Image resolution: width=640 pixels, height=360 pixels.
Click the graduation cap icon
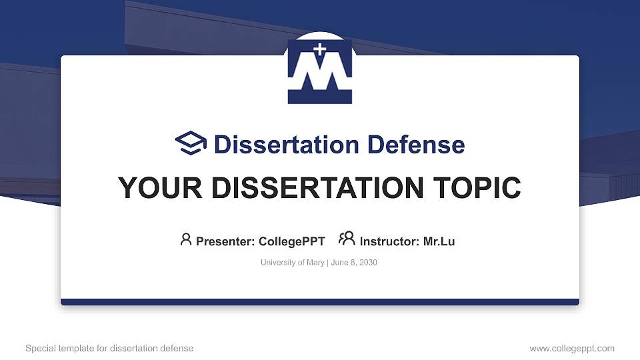coord(191,143)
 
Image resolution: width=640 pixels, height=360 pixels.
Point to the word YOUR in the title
coord(151,188)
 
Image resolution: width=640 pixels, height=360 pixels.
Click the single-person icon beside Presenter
coord(186,239)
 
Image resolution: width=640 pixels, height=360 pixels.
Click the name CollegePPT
coord(291,241)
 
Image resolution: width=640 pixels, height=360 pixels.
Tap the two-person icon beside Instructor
coord(347,239)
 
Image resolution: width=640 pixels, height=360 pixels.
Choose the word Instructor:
coord(389,241)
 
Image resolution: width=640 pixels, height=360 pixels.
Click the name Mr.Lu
coord(439,241)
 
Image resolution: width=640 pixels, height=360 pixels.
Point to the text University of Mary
coord(291,263)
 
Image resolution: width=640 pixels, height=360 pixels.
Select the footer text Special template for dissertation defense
coord(109,348)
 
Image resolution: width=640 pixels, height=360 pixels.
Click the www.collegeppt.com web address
coord(572,348)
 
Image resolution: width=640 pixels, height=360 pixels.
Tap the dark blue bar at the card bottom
coord(320,302)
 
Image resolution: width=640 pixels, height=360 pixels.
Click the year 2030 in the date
coord(368,263)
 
